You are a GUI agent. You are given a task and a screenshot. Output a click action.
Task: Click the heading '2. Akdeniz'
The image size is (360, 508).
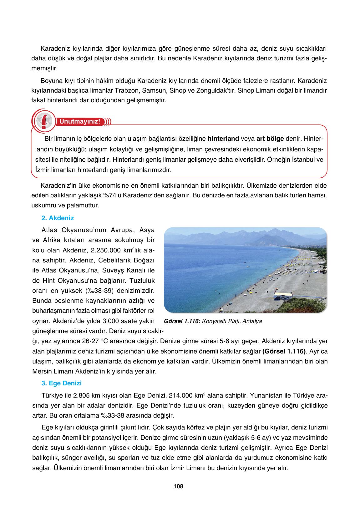(58, 218)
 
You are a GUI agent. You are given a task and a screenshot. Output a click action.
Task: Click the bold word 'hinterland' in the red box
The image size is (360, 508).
(223, 138)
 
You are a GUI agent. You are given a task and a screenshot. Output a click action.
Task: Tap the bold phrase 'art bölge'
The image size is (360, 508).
(270, 138)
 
